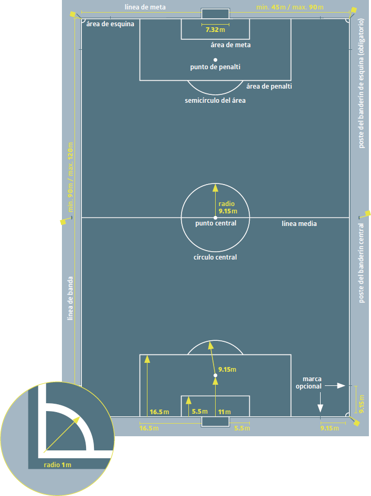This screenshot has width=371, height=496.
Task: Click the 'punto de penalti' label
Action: [215, 67]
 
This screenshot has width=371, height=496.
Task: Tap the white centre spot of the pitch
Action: [215, 218]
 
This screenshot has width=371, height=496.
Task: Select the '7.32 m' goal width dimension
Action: [215, 30]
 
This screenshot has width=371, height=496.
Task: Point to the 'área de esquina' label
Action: [110, 24]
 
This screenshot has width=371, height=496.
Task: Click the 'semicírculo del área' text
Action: [215, 101]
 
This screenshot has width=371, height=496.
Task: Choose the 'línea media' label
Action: [299, 224]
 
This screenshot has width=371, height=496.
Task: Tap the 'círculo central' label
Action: [215, 257]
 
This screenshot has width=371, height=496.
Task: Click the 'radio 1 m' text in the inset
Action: [57, 465]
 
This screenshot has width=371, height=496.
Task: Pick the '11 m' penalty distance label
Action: [225, 412]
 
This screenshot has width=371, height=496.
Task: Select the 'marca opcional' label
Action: [309, 382]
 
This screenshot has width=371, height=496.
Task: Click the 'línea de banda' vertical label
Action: [70, 298]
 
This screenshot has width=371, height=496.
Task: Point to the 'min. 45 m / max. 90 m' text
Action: [290, 7]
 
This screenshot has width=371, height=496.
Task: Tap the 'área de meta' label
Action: [230, 45]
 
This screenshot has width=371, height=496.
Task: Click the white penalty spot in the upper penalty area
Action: [215, 60]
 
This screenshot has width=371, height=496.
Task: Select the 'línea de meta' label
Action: [145, 7]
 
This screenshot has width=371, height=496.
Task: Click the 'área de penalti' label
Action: [269, 87]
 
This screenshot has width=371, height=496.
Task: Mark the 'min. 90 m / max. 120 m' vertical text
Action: [70, 177]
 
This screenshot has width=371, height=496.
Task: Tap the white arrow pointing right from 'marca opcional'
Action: [335, 385]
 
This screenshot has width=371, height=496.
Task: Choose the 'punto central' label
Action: [216, 223]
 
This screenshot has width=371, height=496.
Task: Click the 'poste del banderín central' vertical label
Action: [361, 263]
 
